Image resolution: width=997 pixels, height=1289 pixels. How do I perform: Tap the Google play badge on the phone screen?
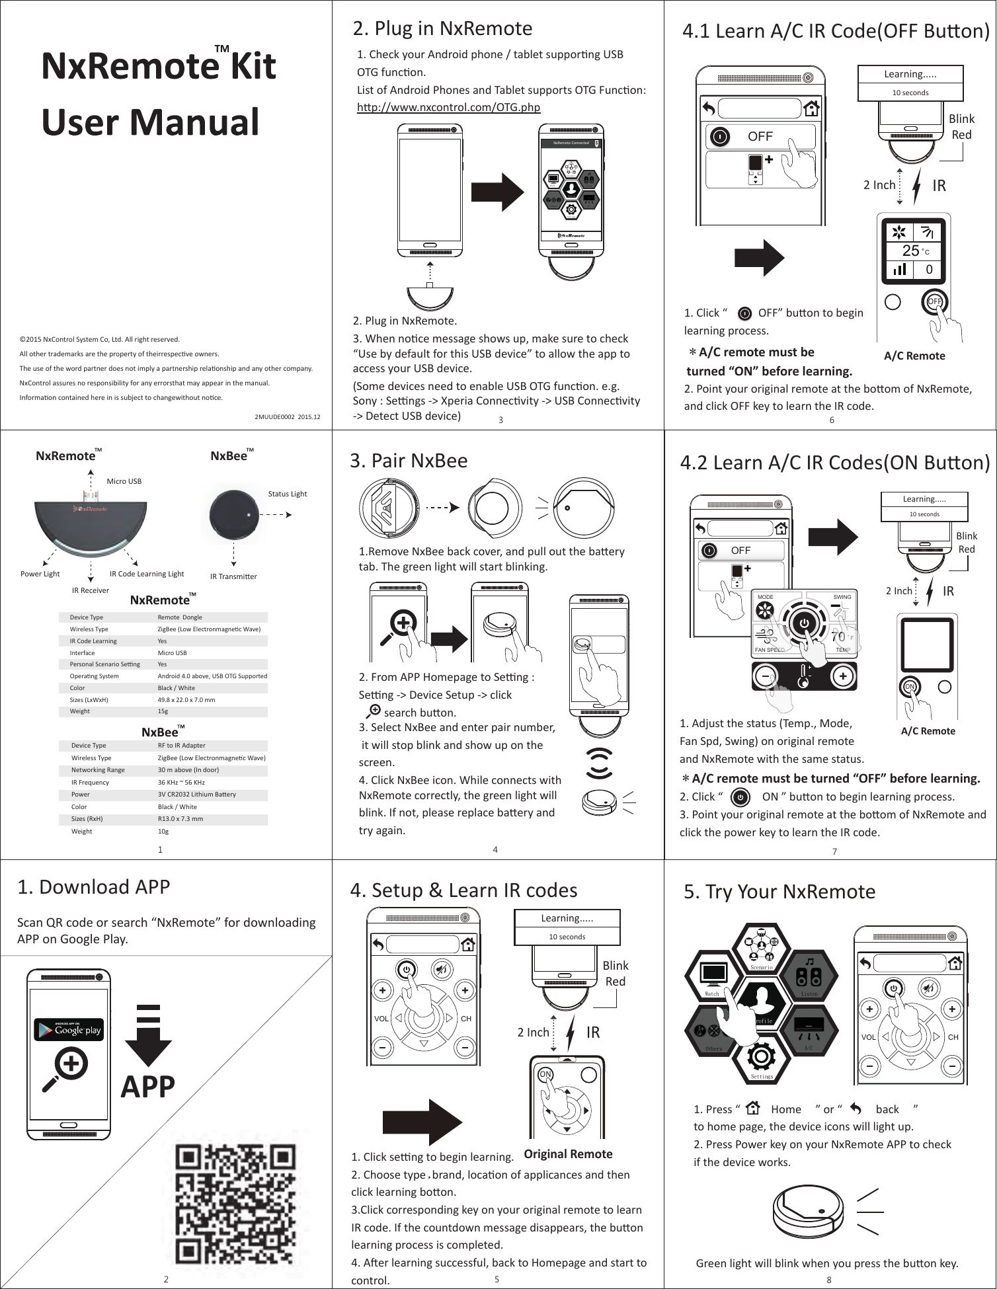tap(69, 1029)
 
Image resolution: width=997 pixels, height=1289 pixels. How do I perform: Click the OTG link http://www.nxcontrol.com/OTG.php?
tap(448, 107)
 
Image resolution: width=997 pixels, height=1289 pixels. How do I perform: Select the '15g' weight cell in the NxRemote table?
tap(163, 711)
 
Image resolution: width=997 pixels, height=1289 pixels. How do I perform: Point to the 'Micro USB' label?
tap(124, 481)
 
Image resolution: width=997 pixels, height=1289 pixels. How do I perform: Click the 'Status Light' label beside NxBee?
tap(287, 494)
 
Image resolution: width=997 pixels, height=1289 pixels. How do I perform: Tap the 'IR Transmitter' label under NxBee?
tap(233, 576)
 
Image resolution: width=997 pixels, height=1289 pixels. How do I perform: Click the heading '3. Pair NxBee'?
tap(409, 460)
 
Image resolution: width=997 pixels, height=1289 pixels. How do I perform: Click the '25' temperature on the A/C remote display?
tap(910, 251)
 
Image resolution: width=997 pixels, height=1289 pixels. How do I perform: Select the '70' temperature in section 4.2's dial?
tap(838, 637)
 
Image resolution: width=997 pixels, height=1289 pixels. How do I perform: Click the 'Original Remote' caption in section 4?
tap(568, 1154)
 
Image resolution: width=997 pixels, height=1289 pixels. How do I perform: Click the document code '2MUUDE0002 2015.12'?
tap(287, 417)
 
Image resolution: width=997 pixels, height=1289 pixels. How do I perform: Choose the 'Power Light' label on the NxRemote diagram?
tap(40, 574)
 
